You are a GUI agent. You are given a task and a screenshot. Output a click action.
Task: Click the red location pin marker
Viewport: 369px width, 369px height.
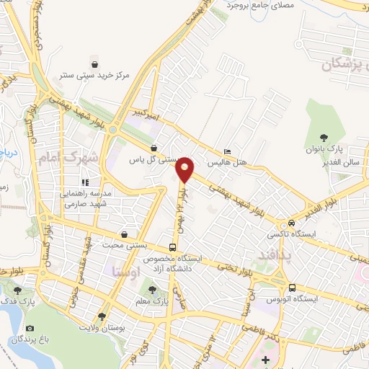(x=186, y=169)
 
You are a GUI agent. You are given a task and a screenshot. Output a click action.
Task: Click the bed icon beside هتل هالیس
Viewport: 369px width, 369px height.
(x=228, y=152)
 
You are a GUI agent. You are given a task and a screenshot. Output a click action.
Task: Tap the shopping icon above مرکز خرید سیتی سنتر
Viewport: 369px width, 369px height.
(x=93, y=63)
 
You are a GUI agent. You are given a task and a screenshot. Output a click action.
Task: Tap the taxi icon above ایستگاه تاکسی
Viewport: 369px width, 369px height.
(x=290, y=223)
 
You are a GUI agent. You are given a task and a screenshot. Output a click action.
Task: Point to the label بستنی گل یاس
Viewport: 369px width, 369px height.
(x=154, y=160)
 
